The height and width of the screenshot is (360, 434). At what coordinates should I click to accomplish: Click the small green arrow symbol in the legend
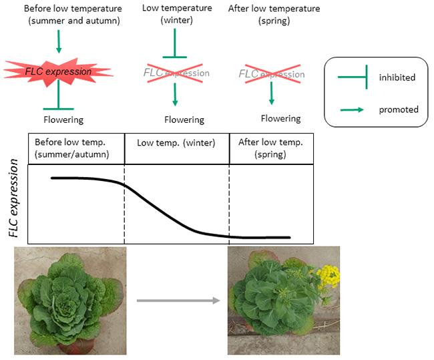pos(352,109)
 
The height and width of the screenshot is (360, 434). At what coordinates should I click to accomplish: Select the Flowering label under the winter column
pos(184,120)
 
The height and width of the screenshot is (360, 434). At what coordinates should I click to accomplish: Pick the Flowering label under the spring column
pos(280,119)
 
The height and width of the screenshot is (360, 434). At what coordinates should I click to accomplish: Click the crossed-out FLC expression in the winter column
pos(176,73)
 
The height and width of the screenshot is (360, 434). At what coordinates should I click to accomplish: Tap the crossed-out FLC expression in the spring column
pos(271,73)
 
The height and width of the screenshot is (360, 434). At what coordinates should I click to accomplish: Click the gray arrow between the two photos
pos(178,301)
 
